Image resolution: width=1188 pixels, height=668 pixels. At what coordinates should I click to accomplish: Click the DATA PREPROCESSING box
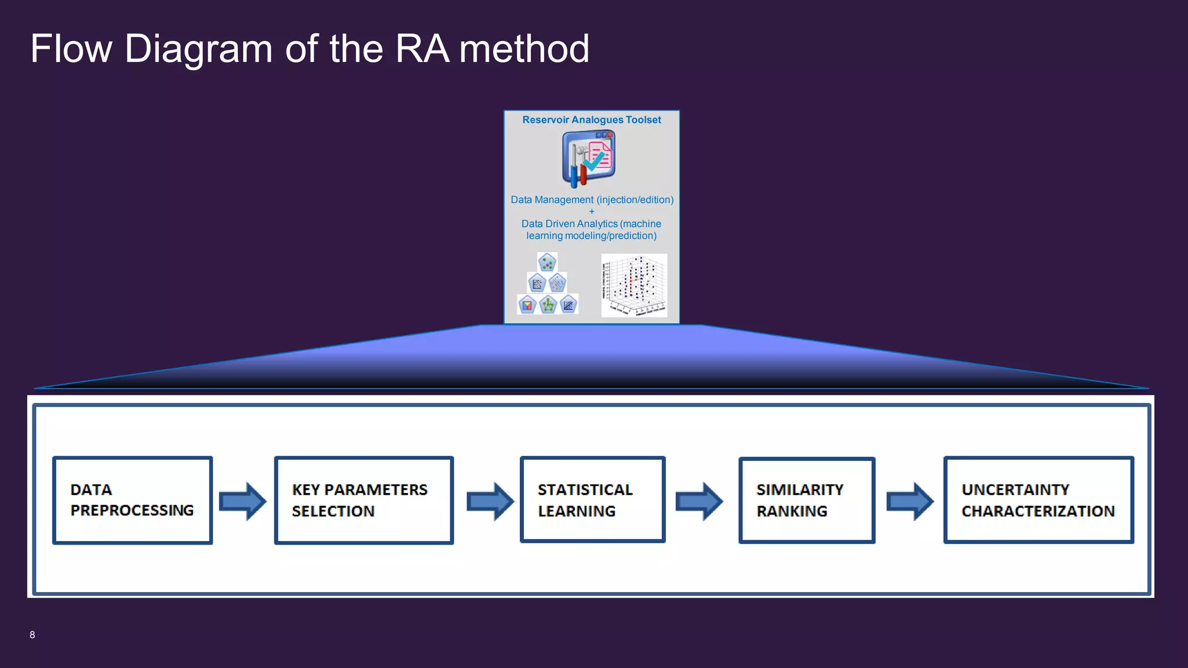(x=132, y=500)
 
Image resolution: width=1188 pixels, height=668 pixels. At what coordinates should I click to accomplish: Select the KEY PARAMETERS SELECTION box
(x=364, y=500)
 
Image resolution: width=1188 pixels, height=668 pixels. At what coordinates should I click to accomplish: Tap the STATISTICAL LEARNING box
(x=592, y=499)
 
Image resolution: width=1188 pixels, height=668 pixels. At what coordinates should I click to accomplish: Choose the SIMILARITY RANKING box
(x=806, y=500)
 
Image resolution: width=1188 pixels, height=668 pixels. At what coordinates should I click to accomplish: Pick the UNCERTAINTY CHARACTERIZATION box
(x=1038, y=500)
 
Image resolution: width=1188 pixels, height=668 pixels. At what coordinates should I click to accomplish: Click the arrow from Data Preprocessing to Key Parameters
(x=242, y=501)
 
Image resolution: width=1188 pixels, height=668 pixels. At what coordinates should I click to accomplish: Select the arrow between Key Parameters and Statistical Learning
(x=490, y=501)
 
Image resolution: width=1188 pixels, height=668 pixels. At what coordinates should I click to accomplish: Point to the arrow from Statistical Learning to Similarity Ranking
(x=699, y=501)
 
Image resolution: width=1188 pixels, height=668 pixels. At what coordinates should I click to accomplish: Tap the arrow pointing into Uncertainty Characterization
(x=910, y=501)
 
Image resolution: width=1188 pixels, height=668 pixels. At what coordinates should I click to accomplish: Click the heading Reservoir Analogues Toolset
(x=591, y=120)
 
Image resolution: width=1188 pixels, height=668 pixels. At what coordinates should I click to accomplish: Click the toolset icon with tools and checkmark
(x=588, y=158)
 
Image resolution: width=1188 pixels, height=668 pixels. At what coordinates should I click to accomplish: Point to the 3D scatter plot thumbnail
(x=634, y=285)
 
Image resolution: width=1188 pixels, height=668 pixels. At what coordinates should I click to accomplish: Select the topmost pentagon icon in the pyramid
(x=547, y=263)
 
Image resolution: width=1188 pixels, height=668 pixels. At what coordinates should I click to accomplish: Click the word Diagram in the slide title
(x=198, y=49)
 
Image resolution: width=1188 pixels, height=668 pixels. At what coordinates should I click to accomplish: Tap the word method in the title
(x=524, y=49)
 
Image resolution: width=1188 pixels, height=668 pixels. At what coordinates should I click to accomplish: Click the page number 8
(x=32, y=635)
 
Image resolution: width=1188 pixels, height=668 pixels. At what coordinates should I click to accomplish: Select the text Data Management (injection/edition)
(x=592, y=200)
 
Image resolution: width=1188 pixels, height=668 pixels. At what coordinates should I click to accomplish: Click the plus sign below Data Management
(x=592, y=212)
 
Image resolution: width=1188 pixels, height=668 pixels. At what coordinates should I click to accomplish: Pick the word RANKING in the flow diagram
(x=792, y=511)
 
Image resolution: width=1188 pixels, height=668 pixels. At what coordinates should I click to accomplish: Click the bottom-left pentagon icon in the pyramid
(x=527, y=304)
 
